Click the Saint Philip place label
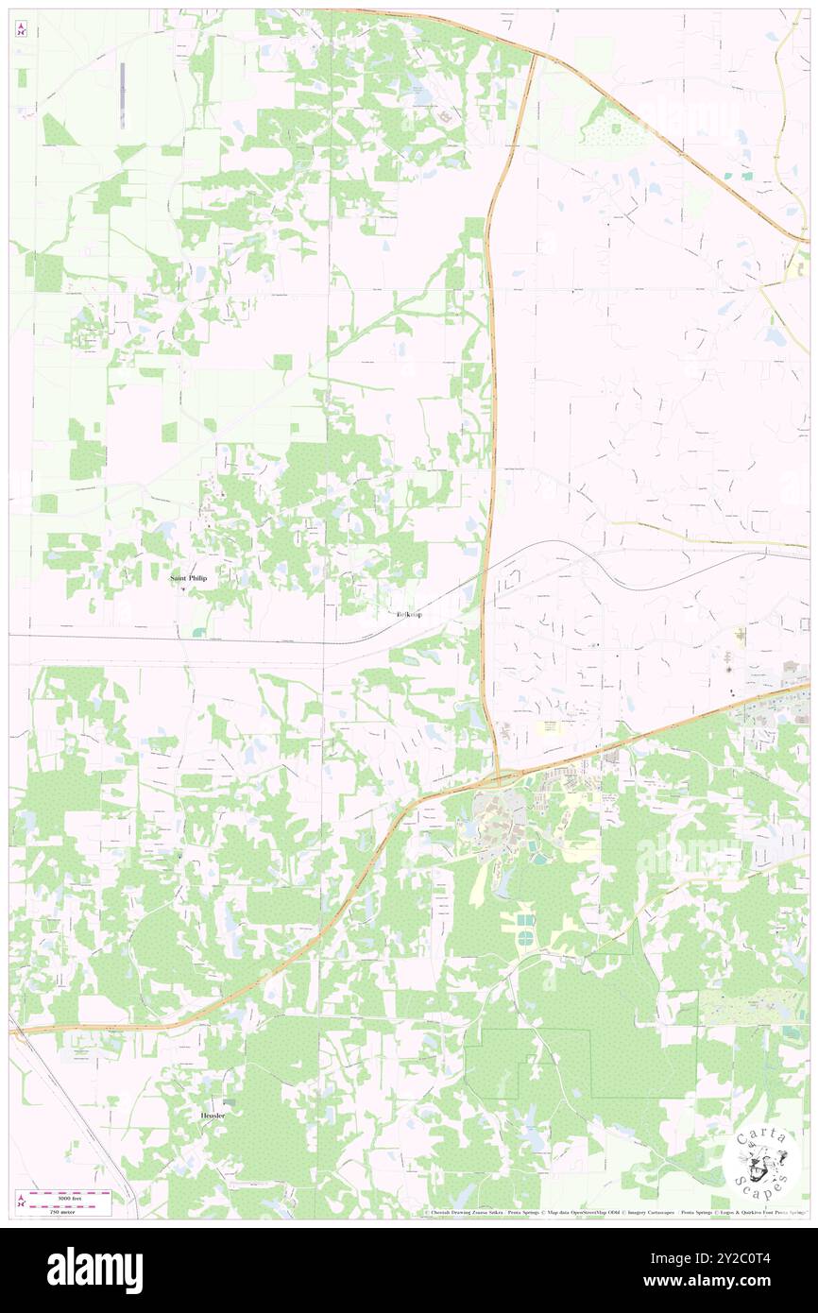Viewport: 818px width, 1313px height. click(x=187, y=577)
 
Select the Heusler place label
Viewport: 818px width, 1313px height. click(x=213, y=1116)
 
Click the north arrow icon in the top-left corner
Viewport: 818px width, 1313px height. click(x=21, y=30)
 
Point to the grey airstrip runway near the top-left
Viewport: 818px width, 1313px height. click(x=123, y=94)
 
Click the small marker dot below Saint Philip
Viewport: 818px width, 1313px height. click(x=183, y=590)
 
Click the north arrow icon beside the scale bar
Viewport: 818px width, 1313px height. click(x=20, y=1202)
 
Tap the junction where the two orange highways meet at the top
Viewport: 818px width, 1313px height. click(x=534, y=53)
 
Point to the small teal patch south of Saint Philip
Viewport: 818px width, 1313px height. click(x=198, y=632)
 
